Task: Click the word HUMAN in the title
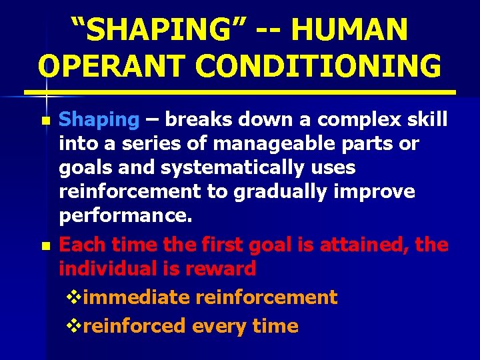click(349, 29)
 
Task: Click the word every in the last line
click(221, 326)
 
